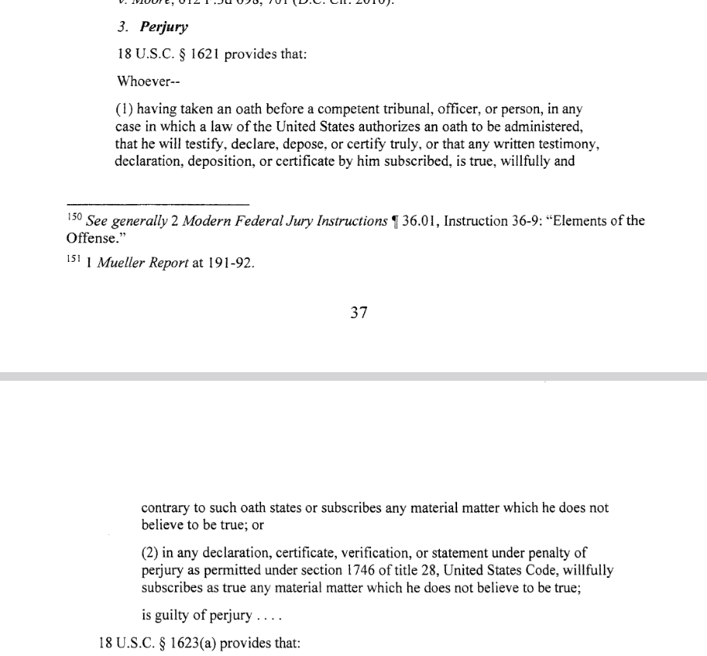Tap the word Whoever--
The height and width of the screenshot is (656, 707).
142,81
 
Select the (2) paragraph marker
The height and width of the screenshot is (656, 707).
150,554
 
